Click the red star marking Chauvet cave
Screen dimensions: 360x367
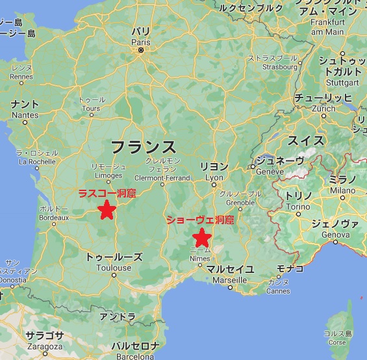point(202,237)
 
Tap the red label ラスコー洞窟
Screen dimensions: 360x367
point(107,193)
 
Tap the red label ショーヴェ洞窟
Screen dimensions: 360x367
point(199,220)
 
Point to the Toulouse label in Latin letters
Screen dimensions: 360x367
point(114,267)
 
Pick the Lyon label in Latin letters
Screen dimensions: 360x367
point(214,177)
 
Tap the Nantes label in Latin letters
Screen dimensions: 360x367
point(25,115)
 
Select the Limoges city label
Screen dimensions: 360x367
point(108,175)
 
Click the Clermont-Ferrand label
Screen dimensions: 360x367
point(162,177)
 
